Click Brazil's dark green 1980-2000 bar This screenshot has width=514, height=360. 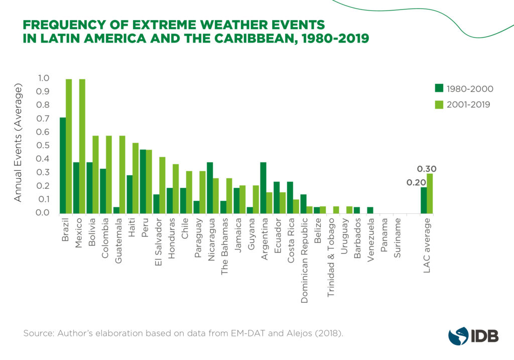coord(63,166)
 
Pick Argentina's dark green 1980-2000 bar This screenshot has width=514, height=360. coord(263,188)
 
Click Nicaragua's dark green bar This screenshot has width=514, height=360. coord(210,188)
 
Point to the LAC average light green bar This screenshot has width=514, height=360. coord(430,194)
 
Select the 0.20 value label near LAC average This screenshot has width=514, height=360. coord(416,182)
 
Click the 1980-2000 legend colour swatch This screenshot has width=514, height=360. coord(439,89)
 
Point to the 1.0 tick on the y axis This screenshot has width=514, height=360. coord(44,78)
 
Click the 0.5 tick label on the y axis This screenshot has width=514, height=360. coord(44,146)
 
